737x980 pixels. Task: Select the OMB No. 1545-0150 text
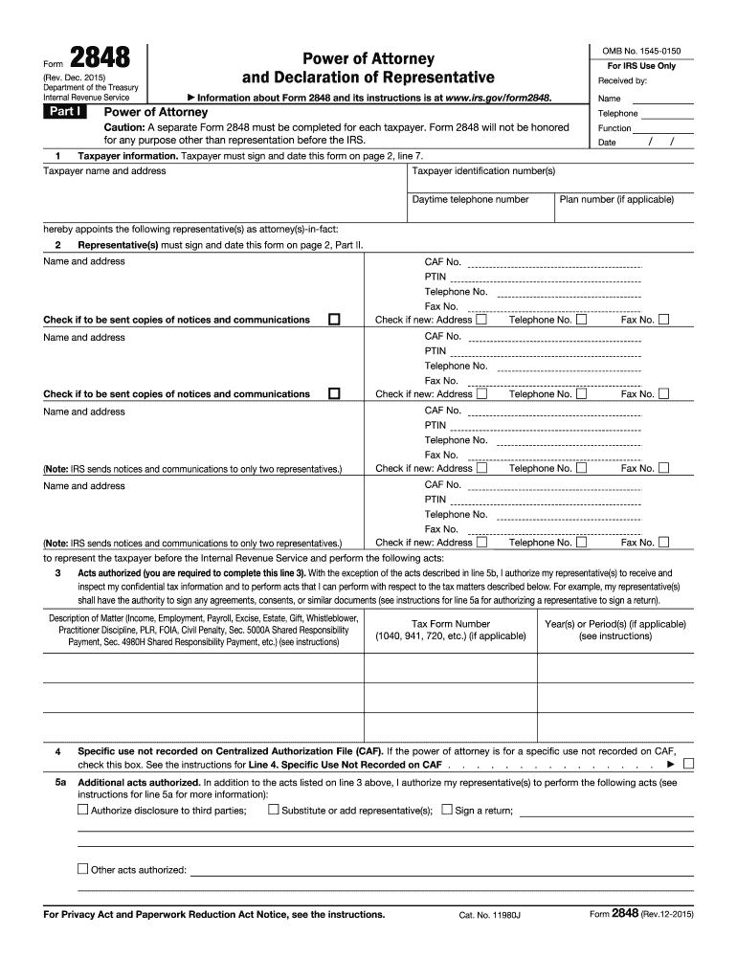click(634, 51)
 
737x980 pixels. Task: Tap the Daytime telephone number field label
click(470, 200)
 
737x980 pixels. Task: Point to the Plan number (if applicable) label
click(616, 200)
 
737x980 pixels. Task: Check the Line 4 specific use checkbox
click(689, 765)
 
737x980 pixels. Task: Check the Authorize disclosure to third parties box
click(82, 811)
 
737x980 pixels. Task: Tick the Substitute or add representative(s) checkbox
click(273, 811)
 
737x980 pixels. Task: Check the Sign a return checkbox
click(446, 811)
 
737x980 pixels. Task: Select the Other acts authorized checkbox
click(82, 869)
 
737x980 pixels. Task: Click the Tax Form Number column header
click(450, 629)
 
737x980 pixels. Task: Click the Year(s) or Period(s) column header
click(614, 629)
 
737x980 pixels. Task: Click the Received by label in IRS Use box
click(622, 81)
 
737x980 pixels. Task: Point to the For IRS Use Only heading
click(640, 66)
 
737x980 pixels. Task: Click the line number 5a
click(59, 782)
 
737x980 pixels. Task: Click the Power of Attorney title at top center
click(368, 59)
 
